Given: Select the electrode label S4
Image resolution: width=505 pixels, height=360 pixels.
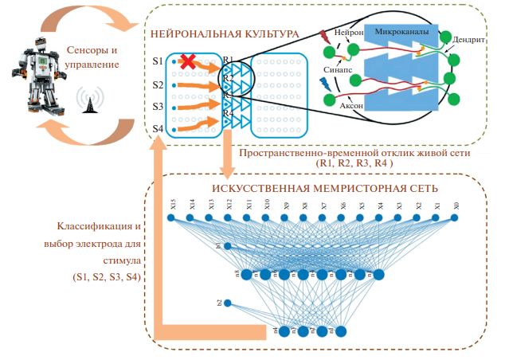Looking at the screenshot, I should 158,129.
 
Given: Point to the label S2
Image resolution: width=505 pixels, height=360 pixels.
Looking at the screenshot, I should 158,84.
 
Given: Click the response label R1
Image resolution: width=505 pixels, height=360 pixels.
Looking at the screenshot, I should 228,60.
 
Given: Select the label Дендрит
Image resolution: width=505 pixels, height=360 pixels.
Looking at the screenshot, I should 468,38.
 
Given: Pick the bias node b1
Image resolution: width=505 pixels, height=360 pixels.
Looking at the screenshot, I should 228,246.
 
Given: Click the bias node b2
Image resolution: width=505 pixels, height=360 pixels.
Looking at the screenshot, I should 228,303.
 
